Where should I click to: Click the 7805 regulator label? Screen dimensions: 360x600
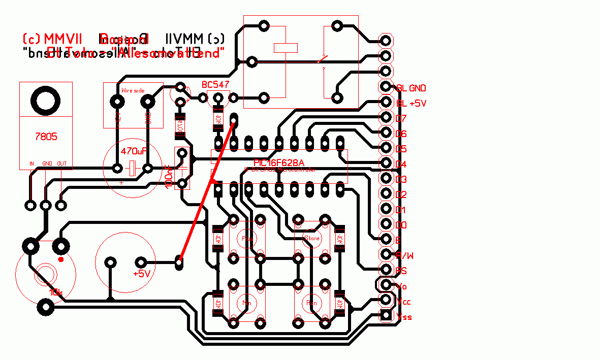pos(46,137)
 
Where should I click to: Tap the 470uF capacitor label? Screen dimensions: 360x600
pos(134,151)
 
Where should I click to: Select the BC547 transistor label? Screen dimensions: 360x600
pos(215,84)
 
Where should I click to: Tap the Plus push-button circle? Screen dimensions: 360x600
pos(248,238)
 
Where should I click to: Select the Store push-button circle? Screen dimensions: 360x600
pos(311,238)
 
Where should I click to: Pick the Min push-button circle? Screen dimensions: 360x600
pos(247,303)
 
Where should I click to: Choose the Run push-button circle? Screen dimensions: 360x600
pos(312,303)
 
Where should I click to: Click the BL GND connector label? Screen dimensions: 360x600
pos(411,88)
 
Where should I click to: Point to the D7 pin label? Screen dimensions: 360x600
pos(401,118)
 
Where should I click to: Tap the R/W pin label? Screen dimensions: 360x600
pos(404,255)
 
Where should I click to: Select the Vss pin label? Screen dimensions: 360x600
pos(404,317)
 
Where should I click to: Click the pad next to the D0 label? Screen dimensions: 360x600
pos(386,224)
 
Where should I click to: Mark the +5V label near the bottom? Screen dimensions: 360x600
pos(142,274)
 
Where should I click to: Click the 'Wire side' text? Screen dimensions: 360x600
pos(133,90)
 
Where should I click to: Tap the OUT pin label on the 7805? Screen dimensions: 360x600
pos(61,163)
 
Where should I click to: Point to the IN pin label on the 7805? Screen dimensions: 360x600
pos(31,163)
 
